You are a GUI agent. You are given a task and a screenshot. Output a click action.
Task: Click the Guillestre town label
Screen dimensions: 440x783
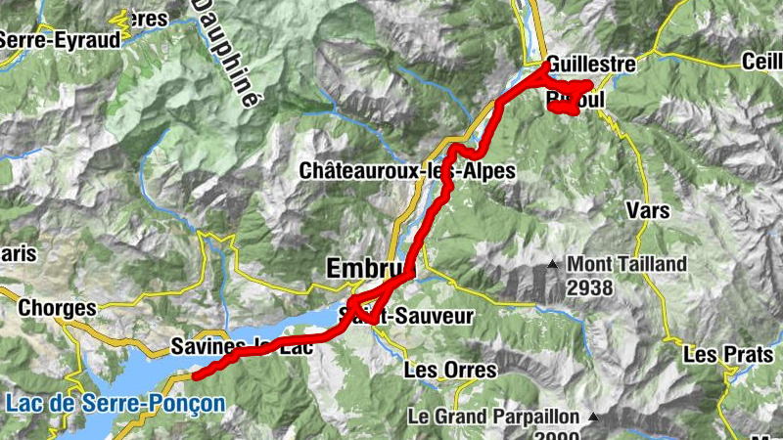[x=591, y=65]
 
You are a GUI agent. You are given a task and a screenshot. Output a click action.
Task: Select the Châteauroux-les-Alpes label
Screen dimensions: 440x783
[x=407, y=170]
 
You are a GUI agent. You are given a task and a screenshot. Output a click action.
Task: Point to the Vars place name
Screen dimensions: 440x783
[x=647, y=209]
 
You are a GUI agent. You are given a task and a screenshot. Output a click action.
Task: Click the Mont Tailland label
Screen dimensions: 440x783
[x=627, y=264]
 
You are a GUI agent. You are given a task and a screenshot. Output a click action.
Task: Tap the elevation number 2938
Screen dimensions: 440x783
[x=589, y=287]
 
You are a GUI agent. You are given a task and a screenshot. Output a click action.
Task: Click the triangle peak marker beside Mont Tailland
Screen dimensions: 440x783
[x=553, y=264]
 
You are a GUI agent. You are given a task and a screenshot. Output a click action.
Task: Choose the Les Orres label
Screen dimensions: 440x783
[x=449, y=371]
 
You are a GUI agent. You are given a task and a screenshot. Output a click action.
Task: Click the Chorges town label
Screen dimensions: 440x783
[x=58, y=308]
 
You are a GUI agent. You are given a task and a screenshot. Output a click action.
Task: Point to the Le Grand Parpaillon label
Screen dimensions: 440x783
[x=493, y=417]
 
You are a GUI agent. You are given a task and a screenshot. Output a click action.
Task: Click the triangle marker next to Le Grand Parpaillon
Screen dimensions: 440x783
[x=591, y=417]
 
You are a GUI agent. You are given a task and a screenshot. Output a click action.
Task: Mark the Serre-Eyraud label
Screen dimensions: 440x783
[x=61, y=40]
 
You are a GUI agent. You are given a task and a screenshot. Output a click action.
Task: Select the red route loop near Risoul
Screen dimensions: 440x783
[x=569, y=98]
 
